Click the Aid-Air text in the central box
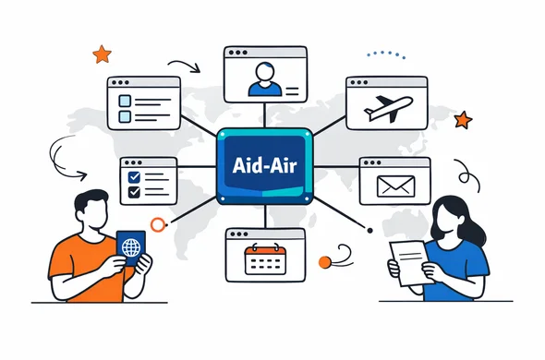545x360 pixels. (264, 165)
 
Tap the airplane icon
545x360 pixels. (388, 109)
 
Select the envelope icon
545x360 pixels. (395, 186)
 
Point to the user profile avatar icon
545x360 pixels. (265, 78)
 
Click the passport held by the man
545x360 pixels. (131, 247)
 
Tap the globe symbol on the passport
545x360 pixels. (131, 247)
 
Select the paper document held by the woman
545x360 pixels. (411, 263)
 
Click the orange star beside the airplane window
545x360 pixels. (463, 120)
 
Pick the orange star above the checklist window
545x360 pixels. (102, 54)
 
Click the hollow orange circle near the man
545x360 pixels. (157, 224)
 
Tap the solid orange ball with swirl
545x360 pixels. (324, 262)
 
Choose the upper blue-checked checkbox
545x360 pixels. (134, 177)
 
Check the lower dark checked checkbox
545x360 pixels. (134, 192)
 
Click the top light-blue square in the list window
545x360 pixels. (125, 102)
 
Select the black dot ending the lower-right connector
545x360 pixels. (369, 231)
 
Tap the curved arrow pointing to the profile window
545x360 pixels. (184, 66)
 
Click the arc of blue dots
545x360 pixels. (386, 54)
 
